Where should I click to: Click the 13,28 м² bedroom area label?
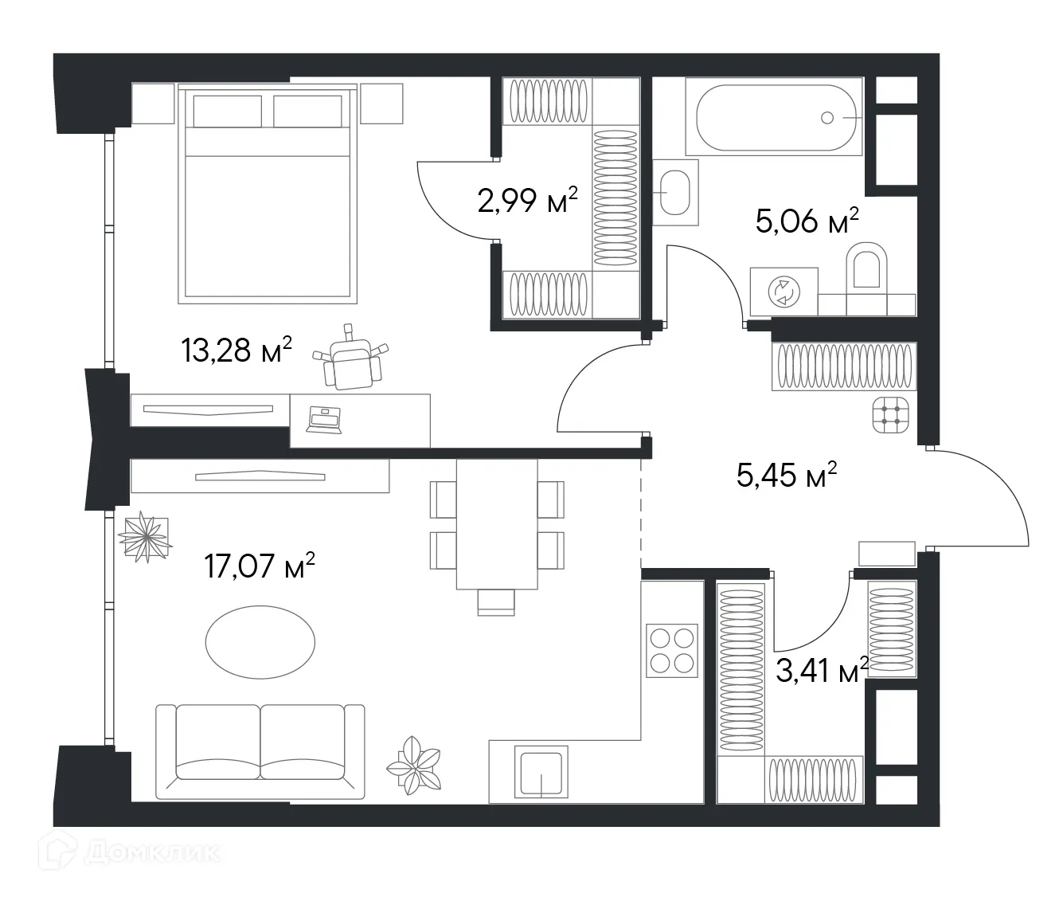[x=236, y=350]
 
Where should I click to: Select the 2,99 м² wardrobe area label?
[x=527, y=202]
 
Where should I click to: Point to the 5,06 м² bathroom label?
[x=807, y=221]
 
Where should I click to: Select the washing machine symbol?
[x=782, y=292]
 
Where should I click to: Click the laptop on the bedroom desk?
[x=324, y=420]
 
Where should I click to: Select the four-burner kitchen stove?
[x=671, y=650]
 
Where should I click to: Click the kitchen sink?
[x=541, y=772]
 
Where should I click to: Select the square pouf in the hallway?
[x=891, y=414]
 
